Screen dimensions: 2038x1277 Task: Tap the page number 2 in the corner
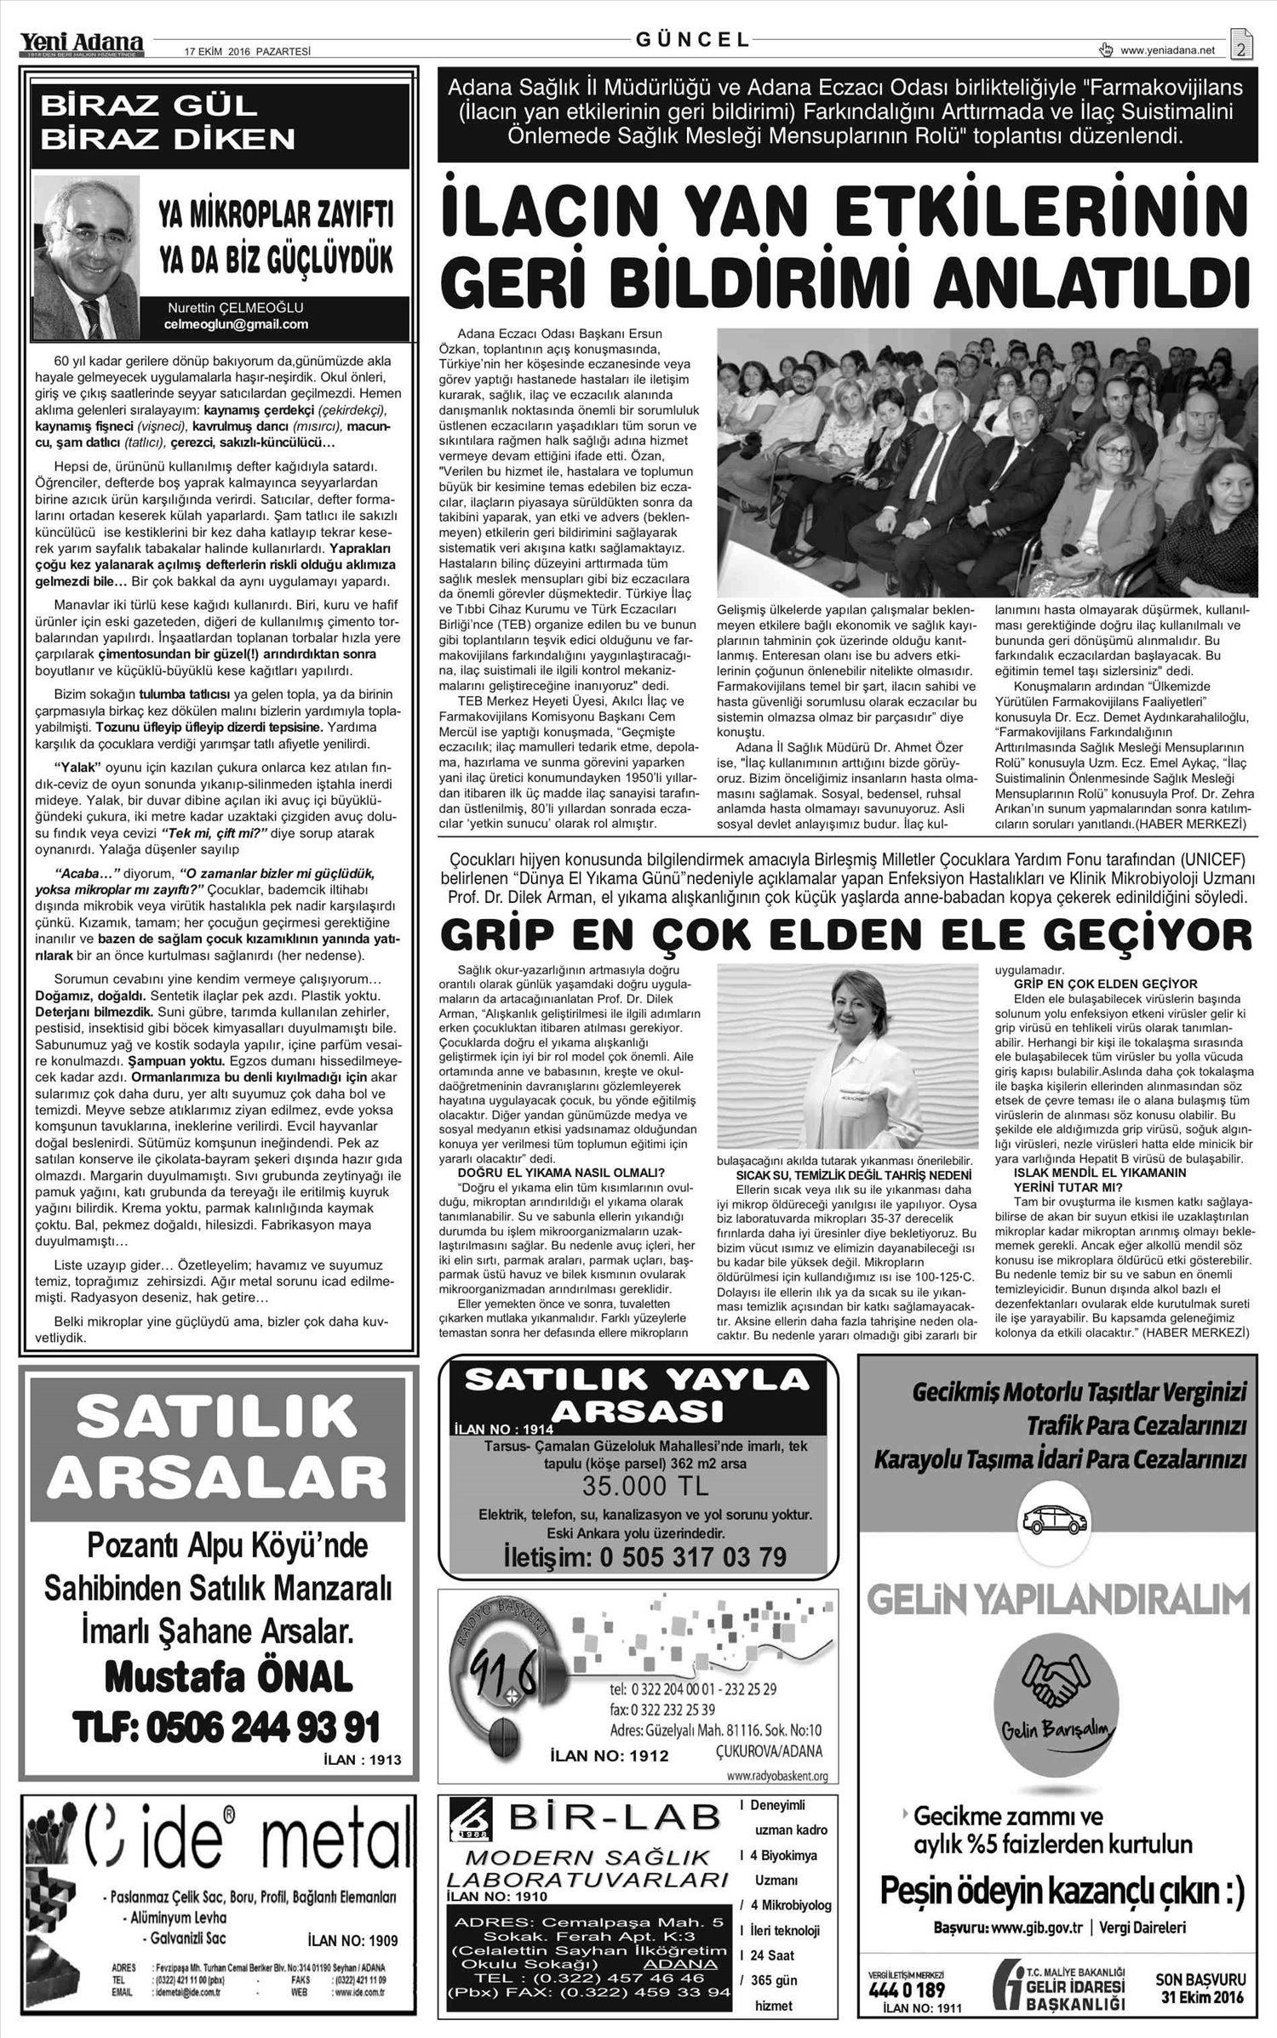click(x=1241, y=49)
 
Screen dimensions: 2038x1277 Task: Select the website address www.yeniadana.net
click(x=1167, y=51)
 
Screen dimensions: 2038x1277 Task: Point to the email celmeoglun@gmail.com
click(x=236, y=324)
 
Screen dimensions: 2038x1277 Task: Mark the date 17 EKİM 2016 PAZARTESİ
click(x=248, y=51)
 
